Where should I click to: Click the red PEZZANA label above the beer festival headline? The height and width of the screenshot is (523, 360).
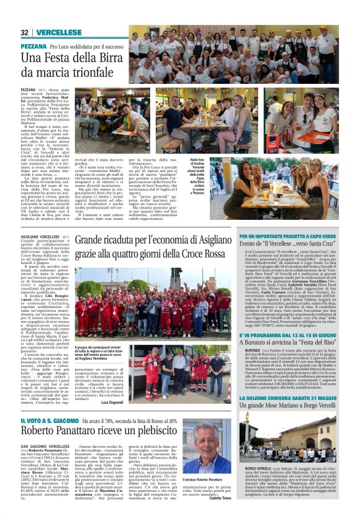point(34,47)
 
